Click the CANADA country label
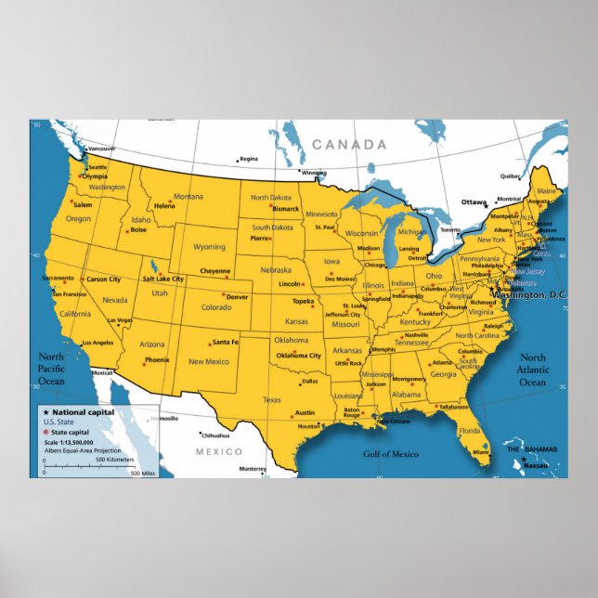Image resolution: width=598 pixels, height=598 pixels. [x=348, y=145]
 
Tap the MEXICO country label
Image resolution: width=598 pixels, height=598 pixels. [x=218, y=451]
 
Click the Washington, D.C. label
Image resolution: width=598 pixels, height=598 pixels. [x=532, y=294]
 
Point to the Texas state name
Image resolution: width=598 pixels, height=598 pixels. [x=271, y=400]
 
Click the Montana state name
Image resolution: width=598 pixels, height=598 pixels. [x=188, y=197]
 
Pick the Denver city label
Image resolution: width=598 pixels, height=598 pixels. [x=237, y=297]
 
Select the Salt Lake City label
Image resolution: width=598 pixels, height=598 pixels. [x=162, y=279]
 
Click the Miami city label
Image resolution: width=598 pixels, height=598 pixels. [x=480, y=452]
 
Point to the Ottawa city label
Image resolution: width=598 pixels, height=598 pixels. [x=474, y=201]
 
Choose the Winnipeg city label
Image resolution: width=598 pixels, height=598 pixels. [x=314, y=173]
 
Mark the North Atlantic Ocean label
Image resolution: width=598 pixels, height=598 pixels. [x=533, y=370]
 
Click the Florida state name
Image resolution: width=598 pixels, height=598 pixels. [x=469, y=431]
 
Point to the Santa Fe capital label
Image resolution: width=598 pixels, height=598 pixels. [x=226, y=343]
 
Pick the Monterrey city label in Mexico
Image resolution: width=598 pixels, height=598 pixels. [x=253, y=469]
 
